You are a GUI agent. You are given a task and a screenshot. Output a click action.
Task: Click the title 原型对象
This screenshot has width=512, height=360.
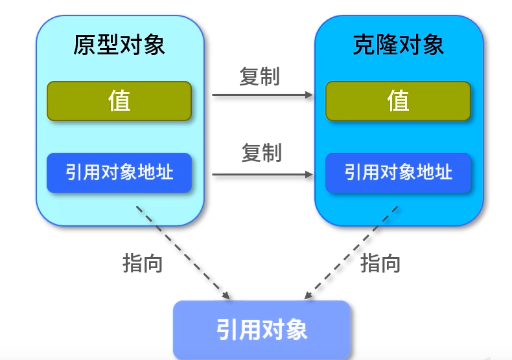(119, 44)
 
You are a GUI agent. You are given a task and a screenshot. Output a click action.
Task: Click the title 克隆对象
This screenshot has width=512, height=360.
(399, 44)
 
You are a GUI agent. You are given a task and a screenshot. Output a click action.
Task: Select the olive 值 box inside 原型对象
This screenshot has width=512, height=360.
(119, 101)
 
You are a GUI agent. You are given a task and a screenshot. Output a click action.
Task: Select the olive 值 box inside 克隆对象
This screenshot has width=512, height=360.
(398, 101)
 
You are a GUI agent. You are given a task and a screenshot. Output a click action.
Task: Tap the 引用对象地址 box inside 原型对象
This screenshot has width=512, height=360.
(119, 172)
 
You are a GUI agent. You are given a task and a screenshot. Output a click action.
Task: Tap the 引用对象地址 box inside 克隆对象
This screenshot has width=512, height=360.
(398, 173)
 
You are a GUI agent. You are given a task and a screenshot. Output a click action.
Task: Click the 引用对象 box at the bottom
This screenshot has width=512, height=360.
(262, 330)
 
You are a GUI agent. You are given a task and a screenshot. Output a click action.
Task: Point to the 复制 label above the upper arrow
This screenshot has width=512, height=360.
(259, 76)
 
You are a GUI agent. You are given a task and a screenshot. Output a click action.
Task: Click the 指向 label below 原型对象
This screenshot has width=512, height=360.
(142, 263)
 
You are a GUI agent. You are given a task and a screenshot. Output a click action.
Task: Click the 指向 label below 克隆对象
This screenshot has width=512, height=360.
(380, 263)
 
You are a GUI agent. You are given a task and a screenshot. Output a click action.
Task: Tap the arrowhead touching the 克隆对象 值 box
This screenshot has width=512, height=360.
(309, 95)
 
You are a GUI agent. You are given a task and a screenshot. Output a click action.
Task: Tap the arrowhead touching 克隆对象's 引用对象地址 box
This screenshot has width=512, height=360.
(309, 174)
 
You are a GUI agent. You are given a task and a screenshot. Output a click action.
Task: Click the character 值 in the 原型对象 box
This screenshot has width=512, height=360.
(119, 101)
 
